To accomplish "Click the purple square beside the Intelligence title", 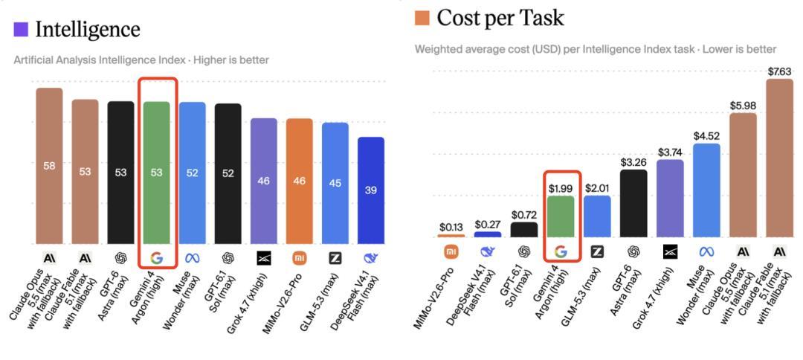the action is [21, 29].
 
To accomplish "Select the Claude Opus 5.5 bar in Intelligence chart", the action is [49, 166].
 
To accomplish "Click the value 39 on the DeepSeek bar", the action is [371, 190].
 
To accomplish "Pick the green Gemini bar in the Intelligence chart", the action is [156, 173].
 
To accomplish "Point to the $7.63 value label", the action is [779, 71].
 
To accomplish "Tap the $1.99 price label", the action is [561, 188].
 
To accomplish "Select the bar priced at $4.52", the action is [707, 190].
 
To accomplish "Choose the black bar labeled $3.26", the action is [633, 203].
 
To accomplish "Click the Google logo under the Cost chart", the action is [561, 251].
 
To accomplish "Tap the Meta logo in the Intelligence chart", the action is [192, 259].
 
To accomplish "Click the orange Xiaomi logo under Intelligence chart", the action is [299, 259].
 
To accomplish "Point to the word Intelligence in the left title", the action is [88, 29].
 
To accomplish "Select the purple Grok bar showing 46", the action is [264, 181].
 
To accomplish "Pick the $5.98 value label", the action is [743, 106].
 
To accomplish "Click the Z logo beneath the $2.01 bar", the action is [597, 251].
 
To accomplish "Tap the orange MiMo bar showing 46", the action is [299, 181].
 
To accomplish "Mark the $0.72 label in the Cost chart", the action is [524, 214].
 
